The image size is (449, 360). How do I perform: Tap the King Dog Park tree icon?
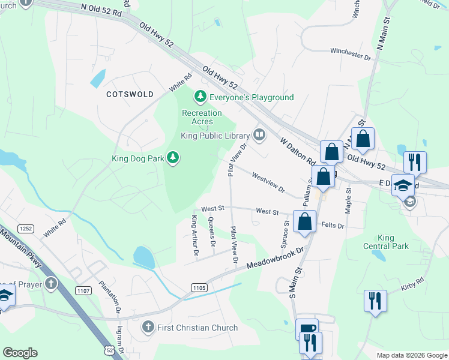tap(173, 157)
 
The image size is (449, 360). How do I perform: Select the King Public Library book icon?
tap(259, 135)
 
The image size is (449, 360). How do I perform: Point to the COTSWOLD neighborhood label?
tap(130, 94)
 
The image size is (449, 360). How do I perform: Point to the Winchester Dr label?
tap(351, 54)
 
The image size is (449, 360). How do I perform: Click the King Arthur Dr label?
tap(194, 236)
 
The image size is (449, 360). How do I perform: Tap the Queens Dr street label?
tap(211, 232)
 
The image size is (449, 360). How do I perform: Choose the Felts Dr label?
tap(333, 226)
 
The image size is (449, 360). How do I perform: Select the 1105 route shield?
tap(200, 288)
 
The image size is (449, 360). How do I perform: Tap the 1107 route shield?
tap(84, 291)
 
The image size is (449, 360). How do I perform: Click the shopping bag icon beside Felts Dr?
tap(305, 220)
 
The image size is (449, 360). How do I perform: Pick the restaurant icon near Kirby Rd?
tap(375, 301)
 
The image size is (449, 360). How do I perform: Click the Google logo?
tap(20, 353)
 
